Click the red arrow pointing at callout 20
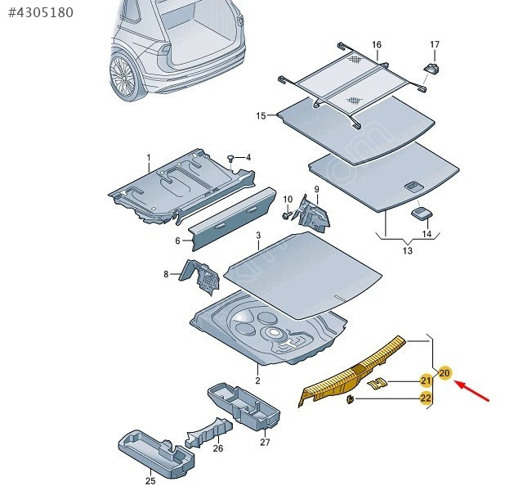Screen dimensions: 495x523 (474, 391)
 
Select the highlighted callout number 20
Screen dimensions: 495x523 (445, 373)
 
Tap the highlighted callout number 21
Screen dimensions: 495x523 (426, 380)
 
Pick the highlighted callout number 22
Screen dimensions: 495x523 (426, 398)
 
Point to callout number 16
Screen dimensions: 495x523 (377, 44)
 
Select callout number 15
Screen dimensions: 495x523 (261, 116)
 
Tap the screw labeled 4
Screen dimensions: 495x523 (232, 158)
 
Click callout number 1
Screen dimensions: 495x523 (149, 157)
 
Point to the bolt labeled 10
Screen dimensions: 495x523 (288, 214)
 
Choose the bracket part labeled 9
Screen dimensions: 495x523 (315, 212)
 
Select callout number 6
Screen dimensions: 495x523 (177, 241)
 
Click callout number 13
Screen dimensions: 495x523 (408, 251)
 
